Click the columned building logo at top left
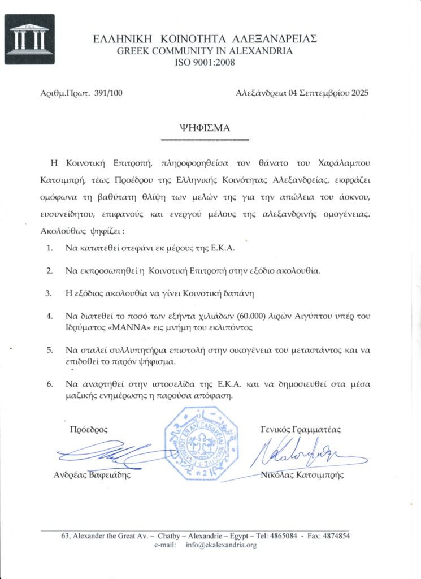29,39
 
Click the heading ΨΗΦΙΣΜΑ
205,128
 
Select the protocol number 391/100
109,94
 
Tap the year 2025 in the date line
359,94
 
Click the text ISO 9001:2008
205,62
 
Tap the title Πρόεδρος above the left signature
88,429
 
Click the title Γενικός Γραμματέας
301,429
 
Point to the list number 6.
49,384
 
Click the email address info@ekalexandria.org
220,545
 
